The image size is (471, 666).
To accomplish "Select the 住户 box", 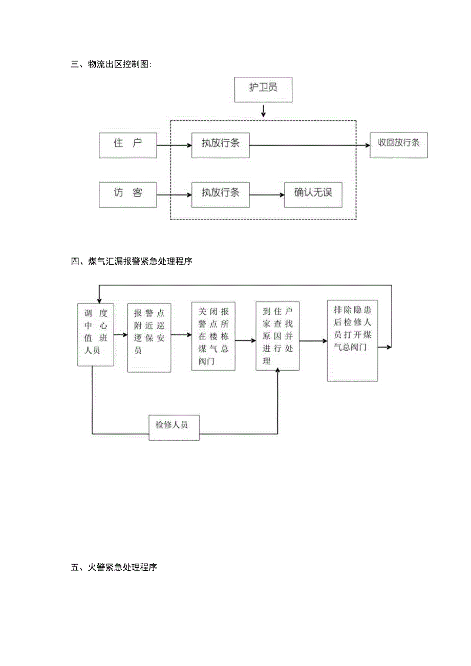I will coord(127,145).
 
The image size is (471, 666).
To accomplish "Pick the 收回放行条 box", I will coord(399,145).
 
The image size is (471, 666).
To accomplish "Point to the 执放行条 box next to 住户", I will coord(220,145).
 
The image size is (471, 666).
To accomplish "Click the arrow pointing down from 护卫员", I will coord(263,111).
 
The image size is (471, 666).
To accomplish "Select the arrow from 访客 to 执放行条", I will coord(174,195).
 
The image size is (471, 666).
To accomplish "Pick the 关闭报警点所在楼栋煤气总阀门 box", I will coord(213,336).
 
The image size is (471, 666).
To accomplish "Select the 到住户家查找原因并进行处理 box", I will coord(277,336).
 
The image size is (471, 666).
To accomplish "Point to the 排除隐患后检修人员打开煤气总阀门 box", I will coord(352,340).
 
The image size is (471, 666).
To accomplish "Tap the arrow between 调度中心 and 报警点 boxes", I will coord(120,335).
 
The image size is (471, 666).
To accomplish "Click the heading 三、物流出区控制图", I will coord(112,65).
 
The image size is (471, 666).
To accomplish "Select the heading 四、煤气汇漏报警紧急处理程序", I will coord(132,262).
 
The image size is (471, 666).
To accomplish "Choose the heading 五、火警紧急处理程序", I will coord(114,567).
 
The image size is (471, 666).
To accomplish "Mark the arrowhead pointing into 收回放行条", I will coord(367,145).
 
